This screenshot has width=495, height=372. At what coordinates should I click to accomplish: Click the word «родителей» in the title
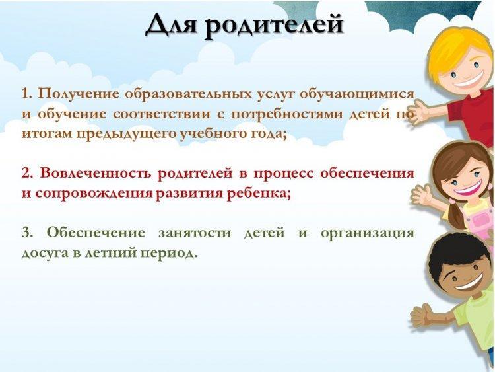pos(274,26)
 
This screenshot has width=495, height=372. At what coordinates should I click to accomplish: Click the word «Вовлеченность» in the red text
pos(96,174)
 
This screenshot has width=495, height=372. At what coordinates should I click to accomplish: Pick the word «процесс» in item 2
pos(284,174)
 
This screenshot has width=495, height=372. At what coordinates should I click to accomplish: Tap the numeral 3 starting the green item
pos(27,233)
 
